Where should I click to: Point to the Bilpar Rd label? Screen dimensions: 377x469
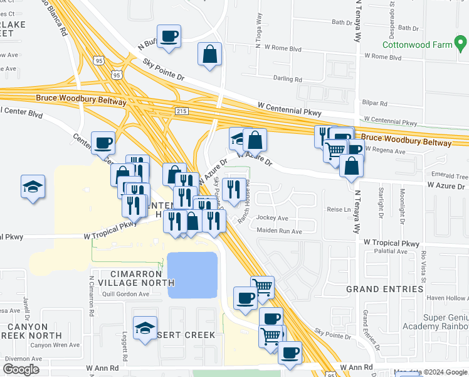pyautogui.click(x=375, y=103)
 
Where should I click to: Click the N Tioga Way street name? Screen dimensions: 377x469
pyautogui.click(x=258, y=37)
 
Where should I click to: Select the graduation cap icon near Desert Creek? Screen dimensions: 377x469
pyautogui.click(x=145, y=329)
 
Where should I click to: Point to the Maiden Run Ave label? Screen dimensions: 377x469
pyautogui.click(x=280, y=231)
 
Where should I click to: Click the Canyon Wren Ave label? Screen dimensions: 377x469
pyautogui.click(x=55, y=345)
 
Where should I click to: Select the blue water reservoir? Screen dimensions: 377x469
pyautogui.click(x=192, y=275)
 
